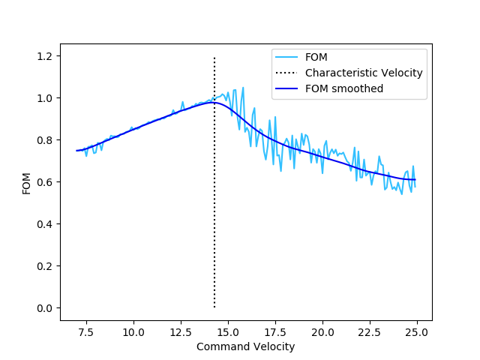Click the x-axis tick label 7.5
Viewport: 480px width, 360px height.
86,331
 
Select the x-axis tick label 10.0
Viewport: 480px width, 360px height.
133,331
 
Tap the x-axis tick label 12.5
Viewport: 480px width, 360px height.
181,331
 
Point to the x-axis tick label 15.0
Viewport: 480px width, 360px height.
228,331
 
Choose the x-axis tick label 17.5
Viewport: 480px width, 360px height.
275,331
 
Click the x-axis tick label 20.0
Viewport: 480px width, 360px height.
322,331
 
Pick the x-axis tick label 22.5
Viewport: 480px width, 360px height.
370,331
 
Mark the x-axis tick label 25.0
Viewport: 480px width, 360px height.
417,331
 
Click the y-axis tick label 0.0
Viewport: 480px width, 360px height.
46,308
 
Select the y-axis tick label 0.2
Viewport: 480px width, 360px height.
46,266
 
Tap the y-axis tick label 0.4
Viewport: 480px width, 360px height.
46,224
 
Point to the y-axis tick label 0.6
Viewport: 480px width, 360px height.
46,182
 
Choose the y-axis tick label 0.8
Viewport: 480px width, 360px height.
46,140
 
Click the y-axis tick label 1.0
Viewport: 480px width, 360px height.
46,98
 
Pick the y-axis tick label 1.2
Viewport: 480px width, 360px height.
46,56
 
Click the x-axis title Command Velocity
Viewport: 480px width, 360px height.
245,346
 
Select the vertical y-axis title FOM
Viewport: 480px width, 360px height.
26,182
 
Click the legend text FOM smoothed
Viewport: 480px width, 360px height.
344,88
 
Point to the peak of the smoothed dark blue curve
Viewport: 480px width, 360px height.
213,102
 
